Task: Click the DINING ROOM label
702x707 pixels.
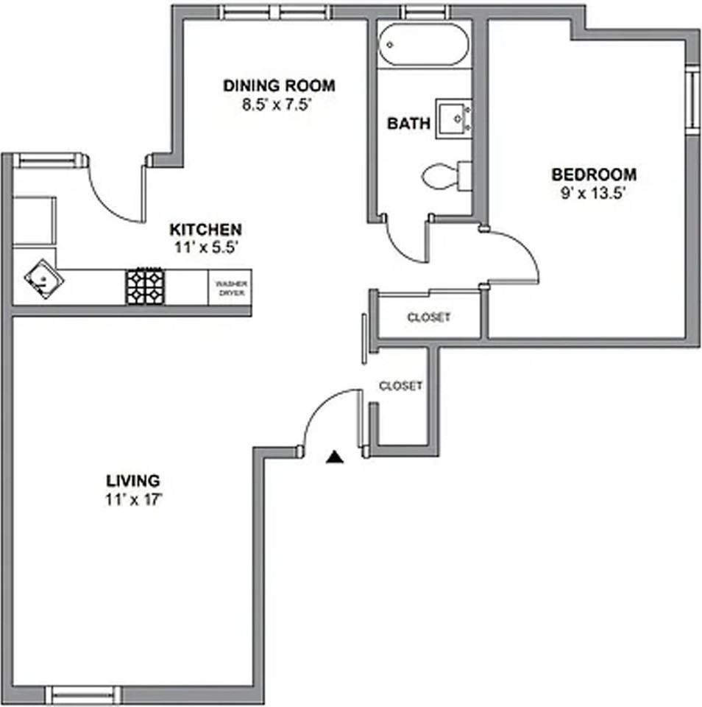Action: click(x=280, y=85)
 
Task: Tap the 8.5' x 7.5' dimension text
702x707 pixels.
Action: click(x=277, y=105)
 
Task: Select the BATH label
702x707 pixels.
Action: click(x=408, y=124)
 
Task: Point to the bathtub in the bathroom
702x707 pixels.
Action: click(x=424, y=44)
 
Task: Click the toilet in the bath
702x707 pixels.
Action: click(x=446, y=176)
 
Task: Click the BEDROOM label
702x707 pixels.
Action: click(x=594, y=175)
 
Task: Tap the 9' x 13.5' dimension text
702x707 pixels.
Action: click(x=592, y=194)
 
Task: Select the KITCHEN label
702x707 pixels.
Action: click(x=205, y=230)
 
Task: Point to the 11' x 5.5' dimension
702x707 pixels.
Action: click(x=206, y=247)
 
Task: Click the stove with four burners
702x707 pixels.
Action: click(x=145, y=286)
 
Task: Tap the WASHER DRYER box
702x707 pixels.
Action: click(x=230, y=288)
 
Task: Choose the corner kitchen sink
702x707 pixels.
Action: click(x=43, y=279)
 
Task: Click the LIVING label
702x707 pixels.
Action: click(x=133, y=481)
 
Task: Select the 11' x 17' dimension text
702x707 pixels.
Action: click(x=133, y=499)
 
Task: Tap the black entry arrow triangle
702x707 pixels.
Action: click(x=335, y=457)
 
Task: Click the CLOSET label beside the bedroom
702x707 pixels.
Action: click(x=428, y=317)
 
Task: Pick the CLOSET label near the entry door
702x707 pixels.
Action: click(x=400, y=386)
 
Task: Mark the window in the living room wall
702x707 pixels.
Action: click(x=83, y=694)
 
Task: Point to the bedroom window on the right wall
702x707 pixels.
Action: click(x=693, y=99)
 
